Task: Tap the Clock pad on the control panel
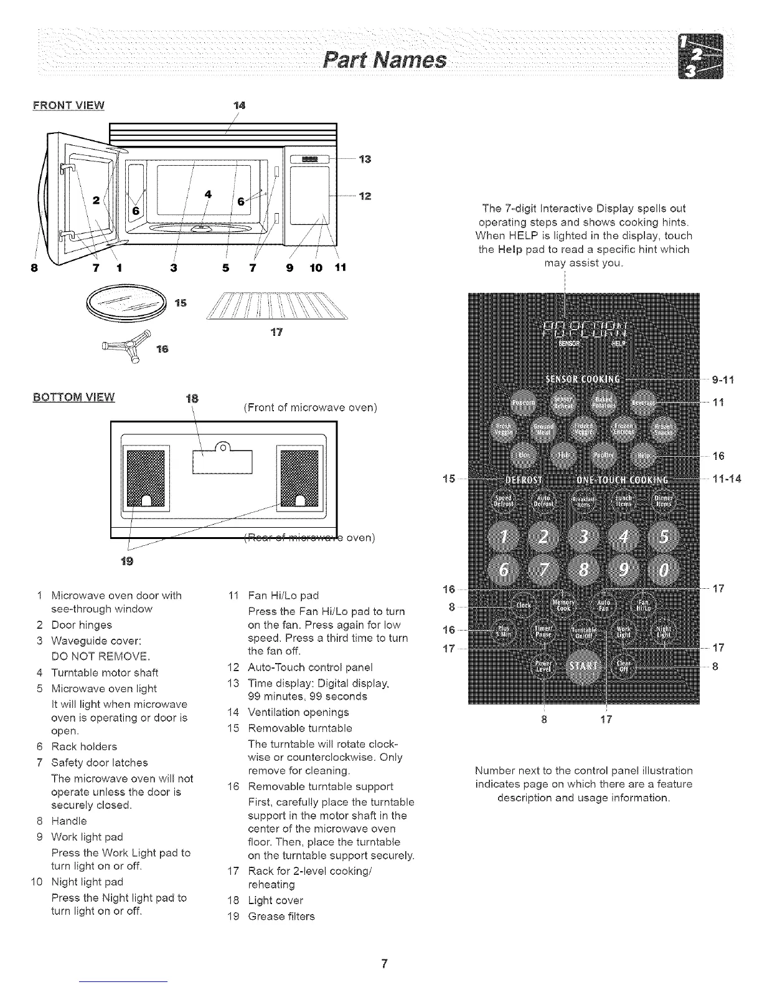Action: point(524,604)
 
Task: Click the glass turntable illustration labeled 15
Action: point(128,304)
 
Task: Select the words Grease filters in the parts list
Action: point(281,916)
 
